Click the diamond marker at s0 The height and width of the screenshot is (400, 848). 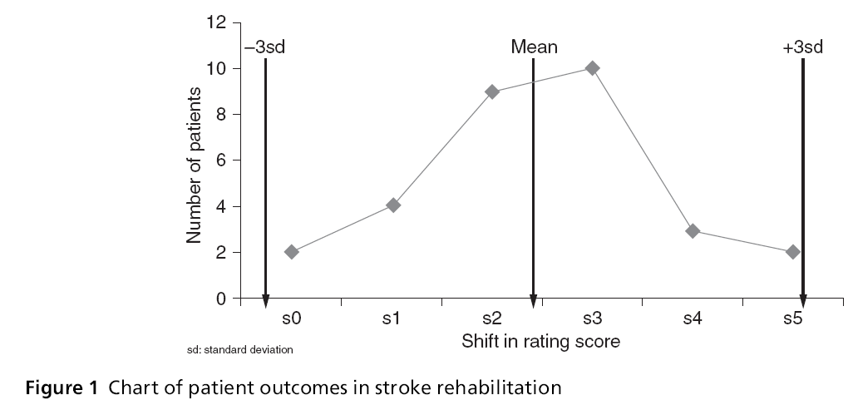tap(292, 252)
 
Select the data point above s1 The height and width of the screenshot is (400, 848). tap(393, 205)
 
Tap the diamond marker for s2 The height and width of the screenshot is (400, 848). tap(492, 91)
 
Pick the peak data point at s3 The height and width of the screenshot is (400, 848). tap(592, 68)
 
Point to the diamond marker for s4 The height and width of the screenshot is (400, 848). tap(693, 230)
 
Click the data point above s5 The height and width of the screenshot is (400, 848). tap(792, 251)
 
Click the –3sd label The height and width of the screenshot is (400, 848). tap(265, 47)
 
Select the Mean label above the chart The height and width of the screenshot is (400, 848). tap(534, 47)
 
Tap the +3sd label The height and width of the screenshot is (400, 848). tap(802, 47)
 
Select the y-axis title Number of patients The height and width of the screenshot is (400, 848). tap(195, 161)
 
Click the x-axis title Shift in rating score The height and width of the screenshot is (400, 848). tap(541, 341)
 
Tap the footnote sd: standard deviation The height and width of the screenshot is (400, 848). tap(240, 350)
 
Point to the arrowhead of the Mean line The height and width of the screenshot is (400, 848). tap(533, 301)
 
